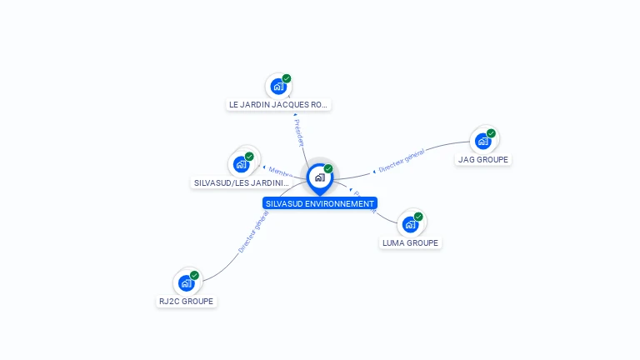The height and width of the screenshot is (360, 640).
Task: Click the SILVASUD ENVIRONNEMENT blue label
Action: click(320, 203)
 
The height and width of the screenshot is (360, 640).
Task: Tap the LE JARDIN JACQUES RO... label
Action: click(279, 105)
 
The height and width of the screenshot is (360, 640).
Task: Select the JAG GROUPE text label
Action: click(482, 159)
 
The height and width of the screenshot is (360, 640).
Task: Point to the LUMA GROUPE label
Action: click(410, 243)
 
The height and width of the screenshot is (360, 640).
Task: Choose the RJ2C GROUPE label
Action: click(187, 302)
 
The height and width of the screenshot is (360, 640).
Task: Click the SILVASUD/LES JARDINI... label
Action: click(242, 183)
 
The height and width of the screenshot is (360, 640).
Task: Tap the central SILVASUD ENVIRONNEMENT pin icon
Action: click(319, 177)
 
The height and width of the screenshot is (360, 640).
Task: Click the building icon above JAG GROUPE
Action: click(482, 141)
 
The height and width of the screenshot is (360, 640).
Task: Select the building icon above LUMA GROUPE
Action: click(410, 224)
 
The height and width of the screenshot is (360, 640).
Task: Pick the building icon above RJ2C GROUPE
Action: click(186, 283)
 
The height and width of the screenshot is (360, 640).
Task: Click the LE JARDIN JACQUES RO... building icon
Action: click(278, 86)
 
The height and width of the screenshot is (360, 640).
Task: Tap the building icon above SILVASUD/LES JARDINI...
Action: click(241, 163)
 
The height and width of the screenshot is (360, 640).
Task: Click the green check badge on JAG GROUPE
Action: click(491, 133)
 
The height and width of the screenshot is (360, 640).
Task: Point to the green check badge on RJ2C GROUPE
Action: click(194, 276)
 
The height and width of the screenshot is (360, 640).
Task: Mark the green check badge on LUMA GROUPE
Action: click(418, 217)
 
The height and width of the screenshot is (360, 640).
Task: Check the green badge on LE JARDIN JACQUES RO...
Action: click(287, 78)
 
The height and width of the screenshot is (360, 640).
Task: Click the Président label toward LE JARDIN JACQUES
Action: click(298, 132)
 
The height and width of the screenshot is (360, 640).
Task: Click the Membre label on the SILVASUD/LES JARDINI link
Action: click(279, 171)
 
